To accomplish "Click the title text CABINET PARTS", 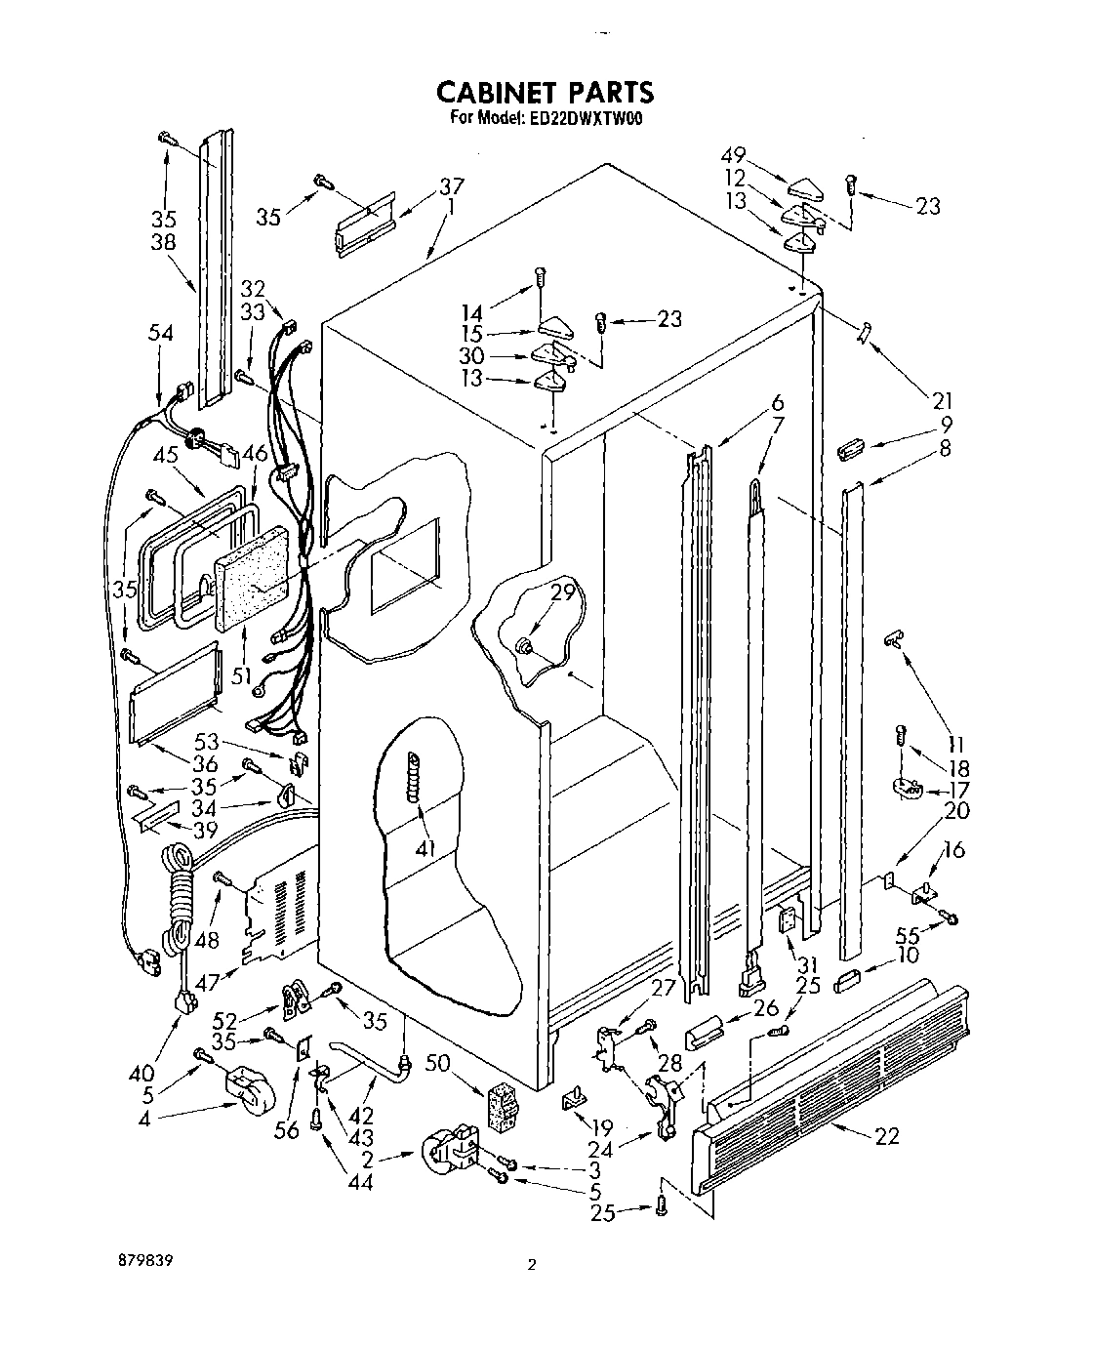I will click(x=545, y=92).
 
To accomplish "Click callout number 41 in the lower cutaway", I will click(x=424, y=849).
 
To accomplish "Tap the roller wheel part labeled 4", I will click(x=250, y=1091).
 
